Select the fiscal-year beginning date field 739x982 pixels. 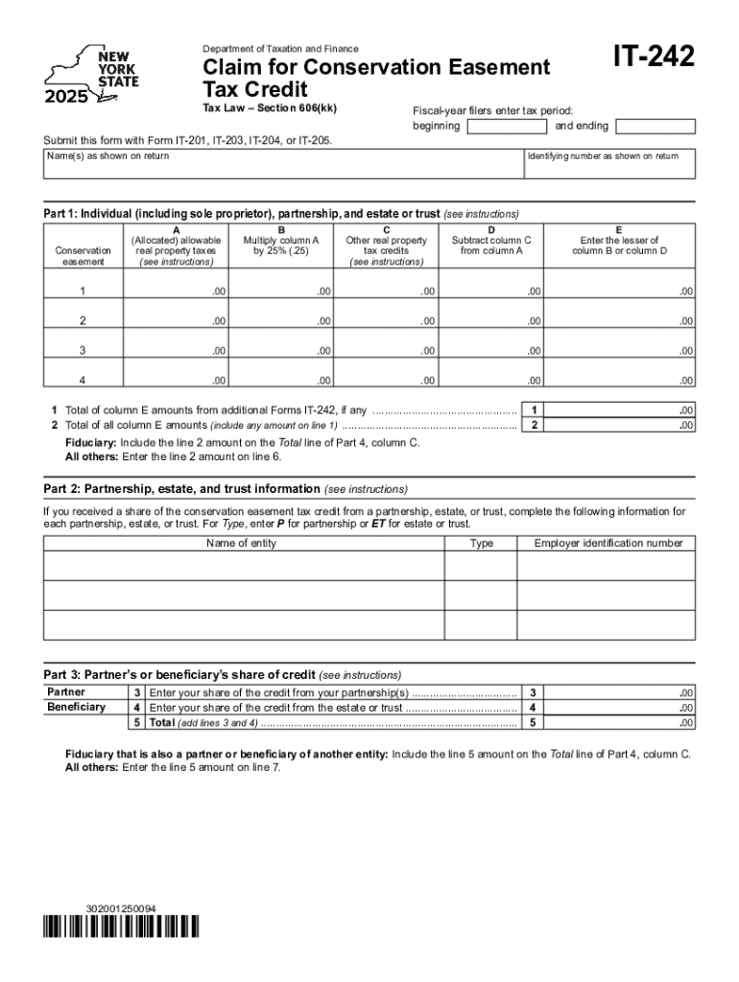tap(506, 127)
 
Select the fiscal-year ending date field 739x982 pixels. tap(654, 127)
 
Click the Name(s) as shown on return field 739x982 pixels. tap(282, 164)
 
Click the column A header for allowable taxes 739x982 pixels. tap(176, 245)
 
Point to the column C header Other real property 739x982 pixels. tap(386, 245)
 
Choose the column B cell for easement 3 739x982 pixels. tap(281, 349)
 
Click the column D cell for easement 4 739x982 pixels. tap(490, 379)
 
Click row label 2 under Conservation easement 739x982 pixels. tap(82, 320)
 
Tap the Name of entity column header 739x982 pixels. tap(242, 544)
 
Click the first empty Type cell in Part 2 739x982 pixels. tap(481, 566)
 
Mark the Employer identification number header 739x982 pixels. tap(608, 544)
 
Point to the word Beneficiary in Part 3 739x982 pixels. tap(77, 707)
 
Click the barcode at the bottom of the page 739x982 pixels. tap(121, 926)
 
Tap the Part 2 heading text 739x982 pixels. tap(182, 488)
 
